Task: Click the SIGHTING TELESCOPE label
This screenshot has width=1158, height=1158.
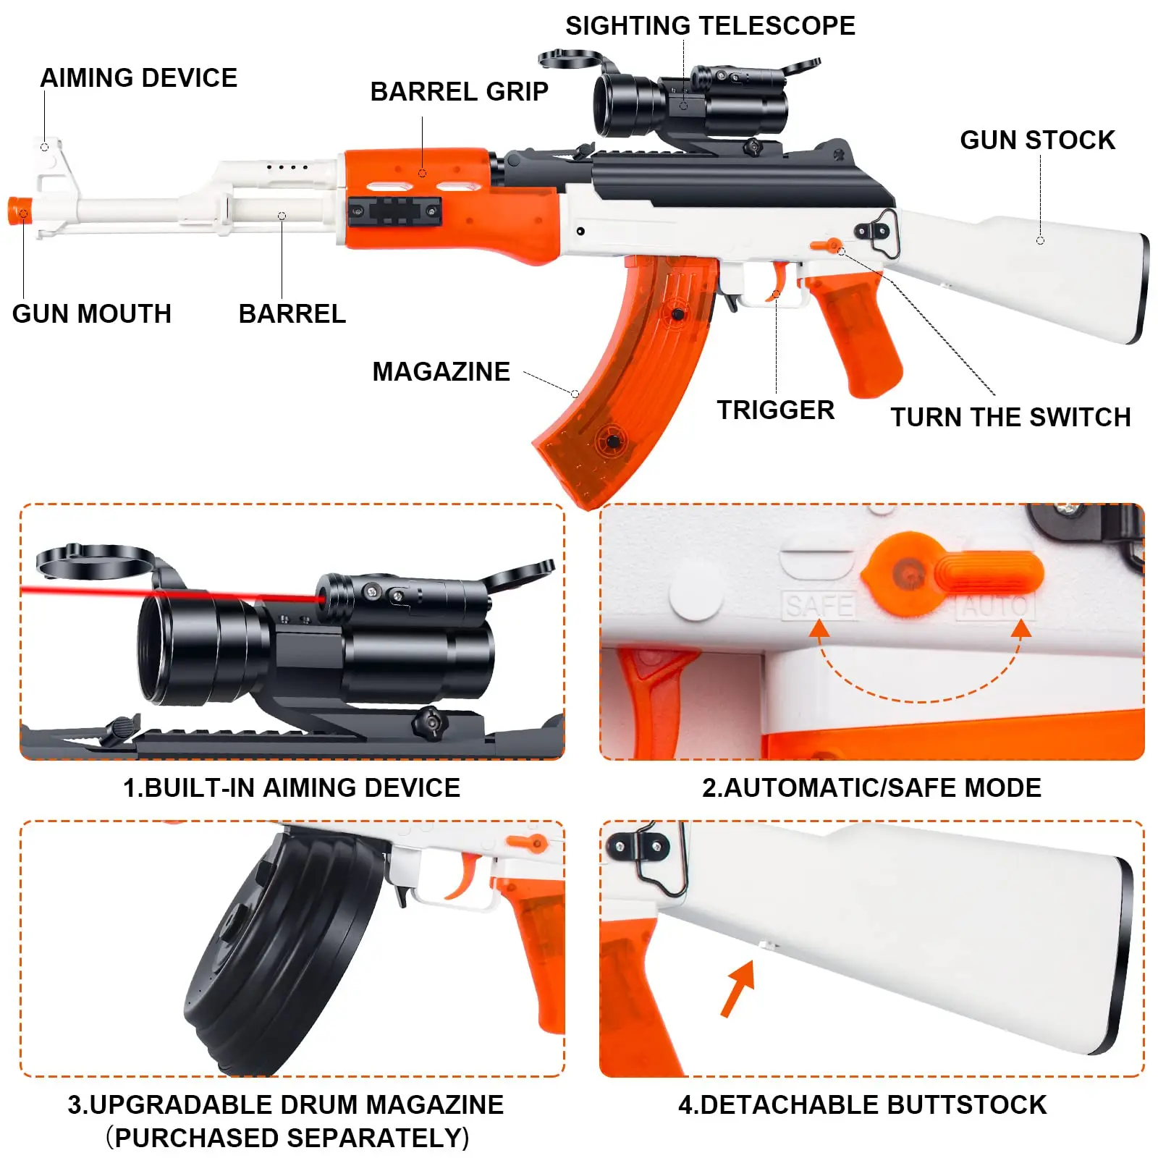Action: pyautogui.click(x=709, y=26)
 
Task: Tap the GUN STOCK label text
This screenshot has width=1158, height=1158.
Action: pyautogui.click(x=1037, y=140)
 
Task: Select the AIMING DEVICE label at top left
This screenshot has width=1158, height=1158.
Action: pyautogui.click(x=138, y=77)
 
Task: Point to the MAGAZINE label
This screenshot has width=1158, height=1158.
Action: pyautogui.click(x=441, y=371)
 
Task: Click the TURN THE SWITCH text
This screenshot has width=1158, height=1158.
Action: pyautogui.click(x=1010, y=418)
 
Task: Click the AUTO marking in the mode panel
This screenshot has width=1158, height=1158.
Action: pyautogui.click(x=994, y=607)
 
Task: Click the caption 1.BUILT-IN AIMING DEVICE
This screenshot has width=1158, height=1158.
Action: pyautogui.click(x=292, y=787)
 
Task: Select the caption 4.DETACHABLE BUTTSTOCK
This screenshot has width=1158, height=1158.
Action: pyautogui.click(x=862, y=1105)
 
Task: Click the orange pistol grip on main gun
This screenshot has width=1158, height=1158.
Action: pyautogui.click(x=858, y=333)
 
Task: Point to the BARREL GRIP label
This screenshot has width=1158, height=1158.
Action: pyautogui.click(x=459, y=92)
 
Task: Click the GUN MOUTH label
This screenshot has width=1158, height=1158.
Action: pyautogui.click(x=92, y=313)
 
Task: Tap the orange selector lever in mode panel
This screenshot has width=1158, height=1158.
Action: pyautogui.click(x=988, y=572)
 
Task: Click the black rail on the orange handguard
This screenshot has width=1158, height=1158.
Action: pyautogui.click(x=394, y=211)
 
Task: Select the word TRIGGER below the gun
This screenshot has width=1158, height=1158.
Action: pyautogui.click(x=775, y=410)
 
